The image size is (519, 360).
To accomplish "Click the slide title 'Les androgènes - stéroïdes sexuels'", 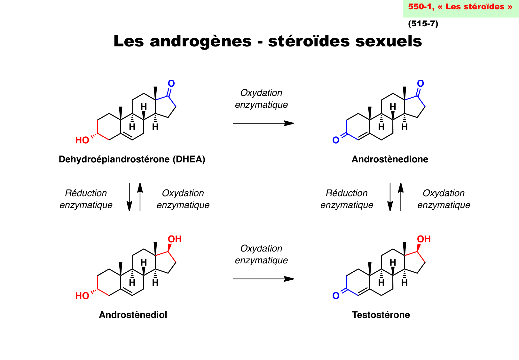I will coord(268,41).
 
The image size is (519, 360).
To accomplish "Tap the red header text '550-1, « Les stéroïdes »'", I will coord(460,7).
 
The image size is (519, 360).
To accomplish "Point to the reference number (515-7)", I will coord(423,24).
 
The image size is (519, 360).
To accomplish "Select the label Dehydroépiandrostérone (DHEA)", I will coord(132,159).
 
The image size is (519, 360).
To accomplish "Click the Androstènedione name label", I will coord(390,159).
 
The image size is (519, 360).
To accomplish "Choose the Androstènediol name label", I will coord(133,315).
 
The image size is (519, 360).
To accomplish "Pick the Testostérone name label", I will coord(381,315).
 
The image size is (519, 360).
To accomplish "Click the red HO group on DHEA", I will coord(82,140).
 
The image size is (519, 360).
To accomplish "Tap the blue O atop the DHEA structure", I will coord(171,84).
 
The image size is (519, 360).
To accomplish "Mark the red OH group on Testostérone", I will coord(424,239).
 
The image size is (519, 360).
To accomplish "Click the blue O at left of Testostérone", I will coord(336,296).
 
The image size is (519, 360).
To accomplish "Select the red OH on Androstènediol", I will coord(175,239).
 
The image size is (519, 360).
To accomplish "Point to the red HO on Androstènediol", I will coord(82,296).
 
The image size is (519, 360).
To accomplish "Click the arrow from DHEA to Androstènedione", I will coord(263,123).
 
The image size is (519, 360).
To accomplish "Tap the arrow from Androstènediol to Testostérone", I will coord(263,279).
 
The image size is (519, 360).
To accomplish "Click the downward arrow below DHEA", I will coord(129,197).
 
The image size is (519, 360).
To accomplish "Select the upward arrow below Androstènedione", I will coord(401,197).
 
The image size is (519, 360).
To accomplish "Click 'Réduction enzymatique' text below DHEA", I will coord(86,199).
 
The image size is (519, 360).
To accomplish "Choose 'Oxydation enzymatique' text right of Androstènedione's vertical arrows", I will coord(444,199).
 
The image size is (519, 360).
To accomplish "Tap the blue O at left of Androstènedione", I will coord(336,140).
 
